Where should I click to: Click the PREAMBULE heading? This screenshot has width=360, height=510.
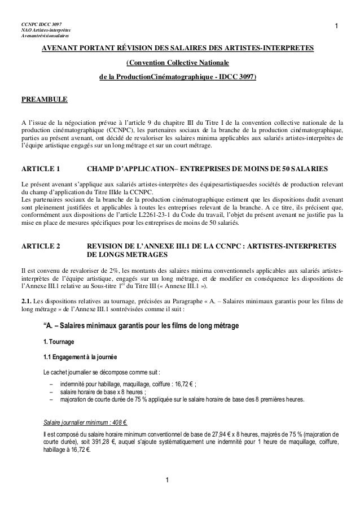click(x=44, y=100)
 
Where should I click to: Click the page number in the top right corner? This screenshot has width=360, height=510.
click(x=336, y=26)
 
